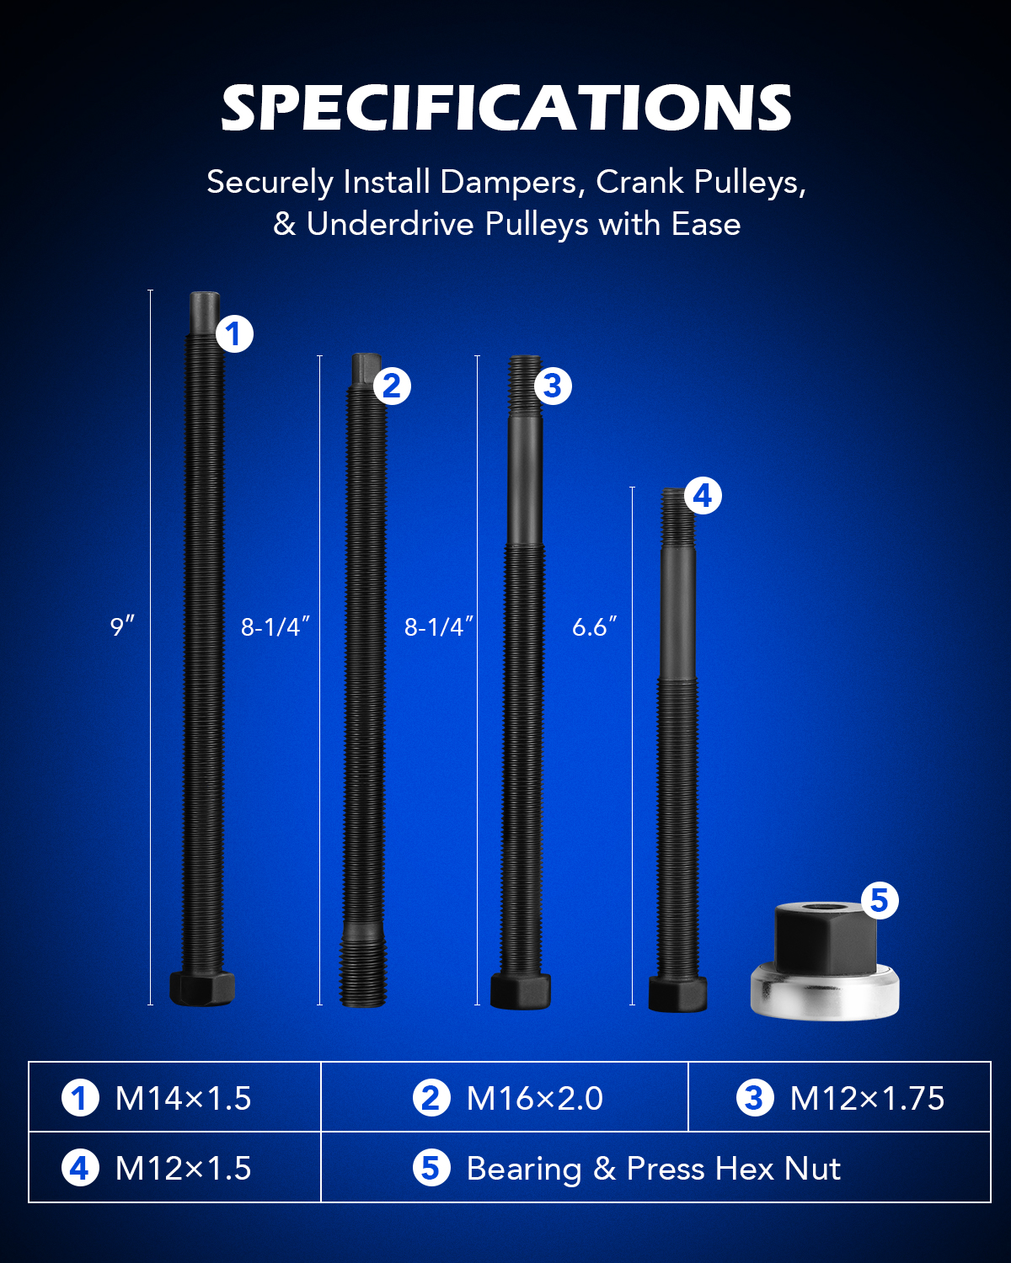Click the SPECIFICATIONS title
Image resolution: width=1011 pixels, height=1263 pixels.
tap(506, 108)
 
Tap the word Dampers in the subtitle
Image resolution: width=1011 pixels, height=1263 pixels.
tap(510, 183)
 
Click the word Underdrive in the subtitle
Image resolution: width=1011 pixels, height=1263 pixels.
tap(390, 224)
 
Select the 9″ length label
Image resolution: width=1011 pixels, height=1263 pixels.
tap(122, 626)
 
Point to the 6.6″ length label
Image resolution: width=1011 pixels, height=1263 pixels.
tap(595, 626)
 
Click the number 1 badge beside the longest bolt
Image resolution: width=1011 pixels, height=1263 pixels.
tap(234, 334)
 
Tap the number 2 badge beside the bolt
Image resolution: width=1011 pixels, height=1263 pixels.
tap(392, 386)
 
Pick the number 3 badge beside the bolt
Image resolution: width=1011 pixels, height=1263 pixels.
tap(553, 386)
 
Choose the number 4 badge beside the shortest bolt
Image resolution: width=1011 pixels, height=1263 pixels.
tap(703, 497)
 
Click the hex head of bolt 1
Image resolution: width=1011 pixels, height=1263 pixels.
tap(202, 989)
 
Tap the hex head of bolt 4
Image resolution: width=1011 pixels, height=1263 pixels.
tap(677, 994)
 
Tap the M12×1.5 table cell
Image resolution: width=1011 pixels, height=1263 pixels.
tap(174, 1168)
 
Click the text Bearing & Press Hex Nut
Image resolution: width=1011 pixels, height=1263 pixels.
tap(653, 1169)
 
